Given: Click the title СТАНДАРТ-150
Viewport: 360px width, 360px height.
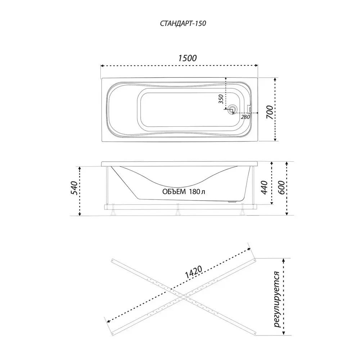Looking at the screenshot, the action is coord(183,24).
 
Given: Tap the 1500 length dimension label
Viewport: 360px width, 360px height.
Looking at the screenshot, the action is coord(187,58).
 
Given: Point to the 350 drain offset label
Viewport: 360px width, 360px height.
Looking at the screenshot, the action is coord(221,99).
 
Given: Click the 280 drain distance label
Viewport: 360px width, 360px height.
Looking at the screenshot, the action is coord(245,117).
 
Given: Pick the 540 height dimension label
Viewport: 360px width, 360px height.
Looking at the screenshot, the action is coord(74,188).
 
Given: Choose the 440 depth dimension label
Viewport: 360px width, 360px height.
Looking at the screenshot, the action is coord(265,187).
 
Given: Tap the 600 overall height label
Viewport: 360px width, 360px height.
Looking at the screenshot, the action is coord(282,187).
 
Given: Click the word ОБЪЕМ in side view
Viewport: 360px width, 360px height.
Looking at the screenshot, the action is coord(174,192).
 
